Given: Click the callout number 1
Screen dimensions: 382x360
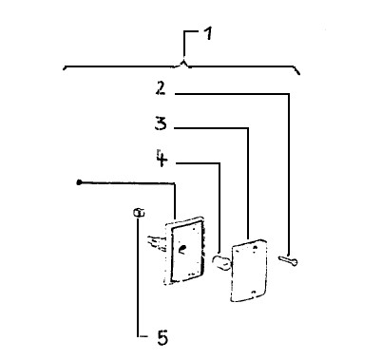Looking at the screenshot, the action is [207, 34].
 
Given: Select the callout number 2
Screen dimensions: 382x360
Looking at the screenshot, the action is [161, 88].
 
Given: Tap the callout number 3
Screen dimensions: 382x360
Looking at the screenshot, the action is [161, 123].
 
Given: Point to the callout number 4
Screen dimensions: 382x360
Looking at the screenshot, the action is [162, 158].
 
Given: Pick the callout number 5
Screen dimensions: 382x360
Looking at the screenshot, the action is [162, 337].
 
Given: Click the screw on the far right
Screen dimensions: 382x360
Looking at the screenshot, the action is [288, 260].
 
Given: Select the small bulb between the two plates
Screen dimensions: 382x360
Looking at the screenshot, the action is [220, 262].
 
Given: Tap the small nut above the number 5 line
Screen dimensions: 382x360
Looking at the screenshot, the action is [139, 212].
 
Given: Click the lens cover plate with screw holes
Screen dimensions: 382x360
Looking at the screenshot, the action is [249, 270].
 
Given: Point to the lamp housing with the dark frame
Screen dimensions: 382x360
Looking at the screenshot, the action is [184, 250].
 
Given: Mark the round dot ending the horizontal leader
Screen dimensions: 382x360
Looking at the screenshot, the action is [79, 182].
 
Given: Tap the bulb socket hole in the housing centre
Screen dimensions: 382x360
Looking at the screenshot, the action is [181, 250].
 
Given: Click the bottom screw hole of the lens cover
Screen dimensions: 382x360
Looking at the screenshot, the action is [253, 293].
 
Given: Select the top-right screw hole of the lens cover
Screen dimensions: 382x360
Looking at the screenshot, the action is [256, 247].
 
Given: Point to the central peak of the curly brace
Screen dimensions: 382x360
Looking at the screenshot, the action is [184, 61].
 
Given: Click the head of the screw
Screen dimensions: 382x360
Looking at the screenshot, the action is [295, 262].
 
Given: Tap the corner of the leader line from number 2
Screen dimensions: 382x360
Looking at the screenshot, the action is [288, 94].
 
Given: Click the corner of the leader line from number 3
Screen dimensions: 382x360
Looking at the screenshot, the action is [248, 128].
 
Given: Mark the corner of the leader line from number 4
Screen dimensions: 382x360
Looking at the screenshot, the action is [220, 163].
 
